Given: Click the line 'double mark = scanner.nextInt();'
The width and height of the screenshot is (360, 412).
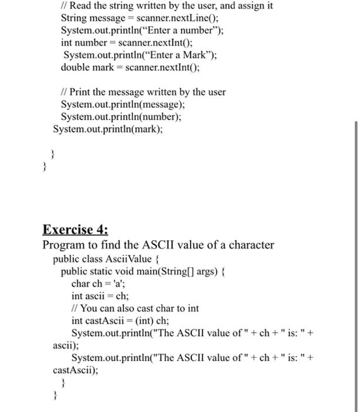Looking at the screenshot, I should pyautogui.click(x=130, y=67).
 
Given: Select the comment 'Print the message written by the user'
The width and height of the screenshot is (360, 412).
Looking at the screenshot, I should pyautogui.click(x=147, y=92).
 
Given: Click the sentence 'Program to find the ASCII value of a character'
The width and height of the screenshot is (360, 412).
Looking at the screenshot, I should pyautogui.click(x=158, y=245).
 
